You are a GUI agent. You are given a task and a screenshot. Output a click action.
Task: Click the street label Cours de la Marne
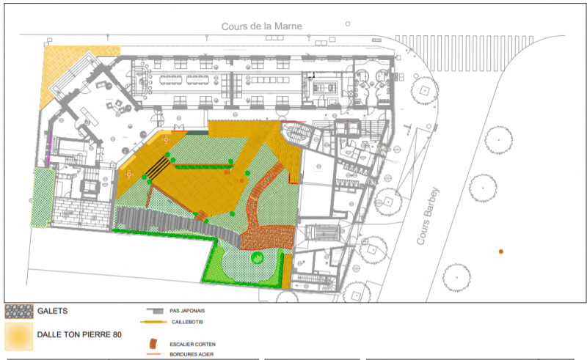(x=261, y=26)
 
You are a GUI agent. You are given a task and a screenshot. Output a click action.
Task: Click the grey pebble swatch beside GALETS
(x=19, y=311)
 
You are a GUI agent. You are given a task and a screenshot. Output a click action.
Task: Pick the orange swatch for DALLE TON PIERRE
(x=19, y=336)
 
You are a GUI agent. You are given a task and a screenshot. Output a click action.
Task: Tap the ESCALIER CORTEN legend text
(x=193, y=344)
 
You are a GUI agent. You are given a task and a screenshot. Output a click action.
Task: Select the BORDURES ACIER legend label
(x=192, y=354)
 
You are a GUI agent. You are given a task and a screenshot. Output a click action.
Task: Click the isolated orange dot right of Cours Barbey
(x=501, y=251)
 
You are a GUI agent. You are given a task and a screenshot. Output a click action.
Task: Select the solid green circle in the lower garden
(x=257, y=257)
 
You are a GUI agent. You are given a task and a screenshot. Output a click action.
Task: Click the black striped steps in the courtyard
(x=158, y=169)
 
